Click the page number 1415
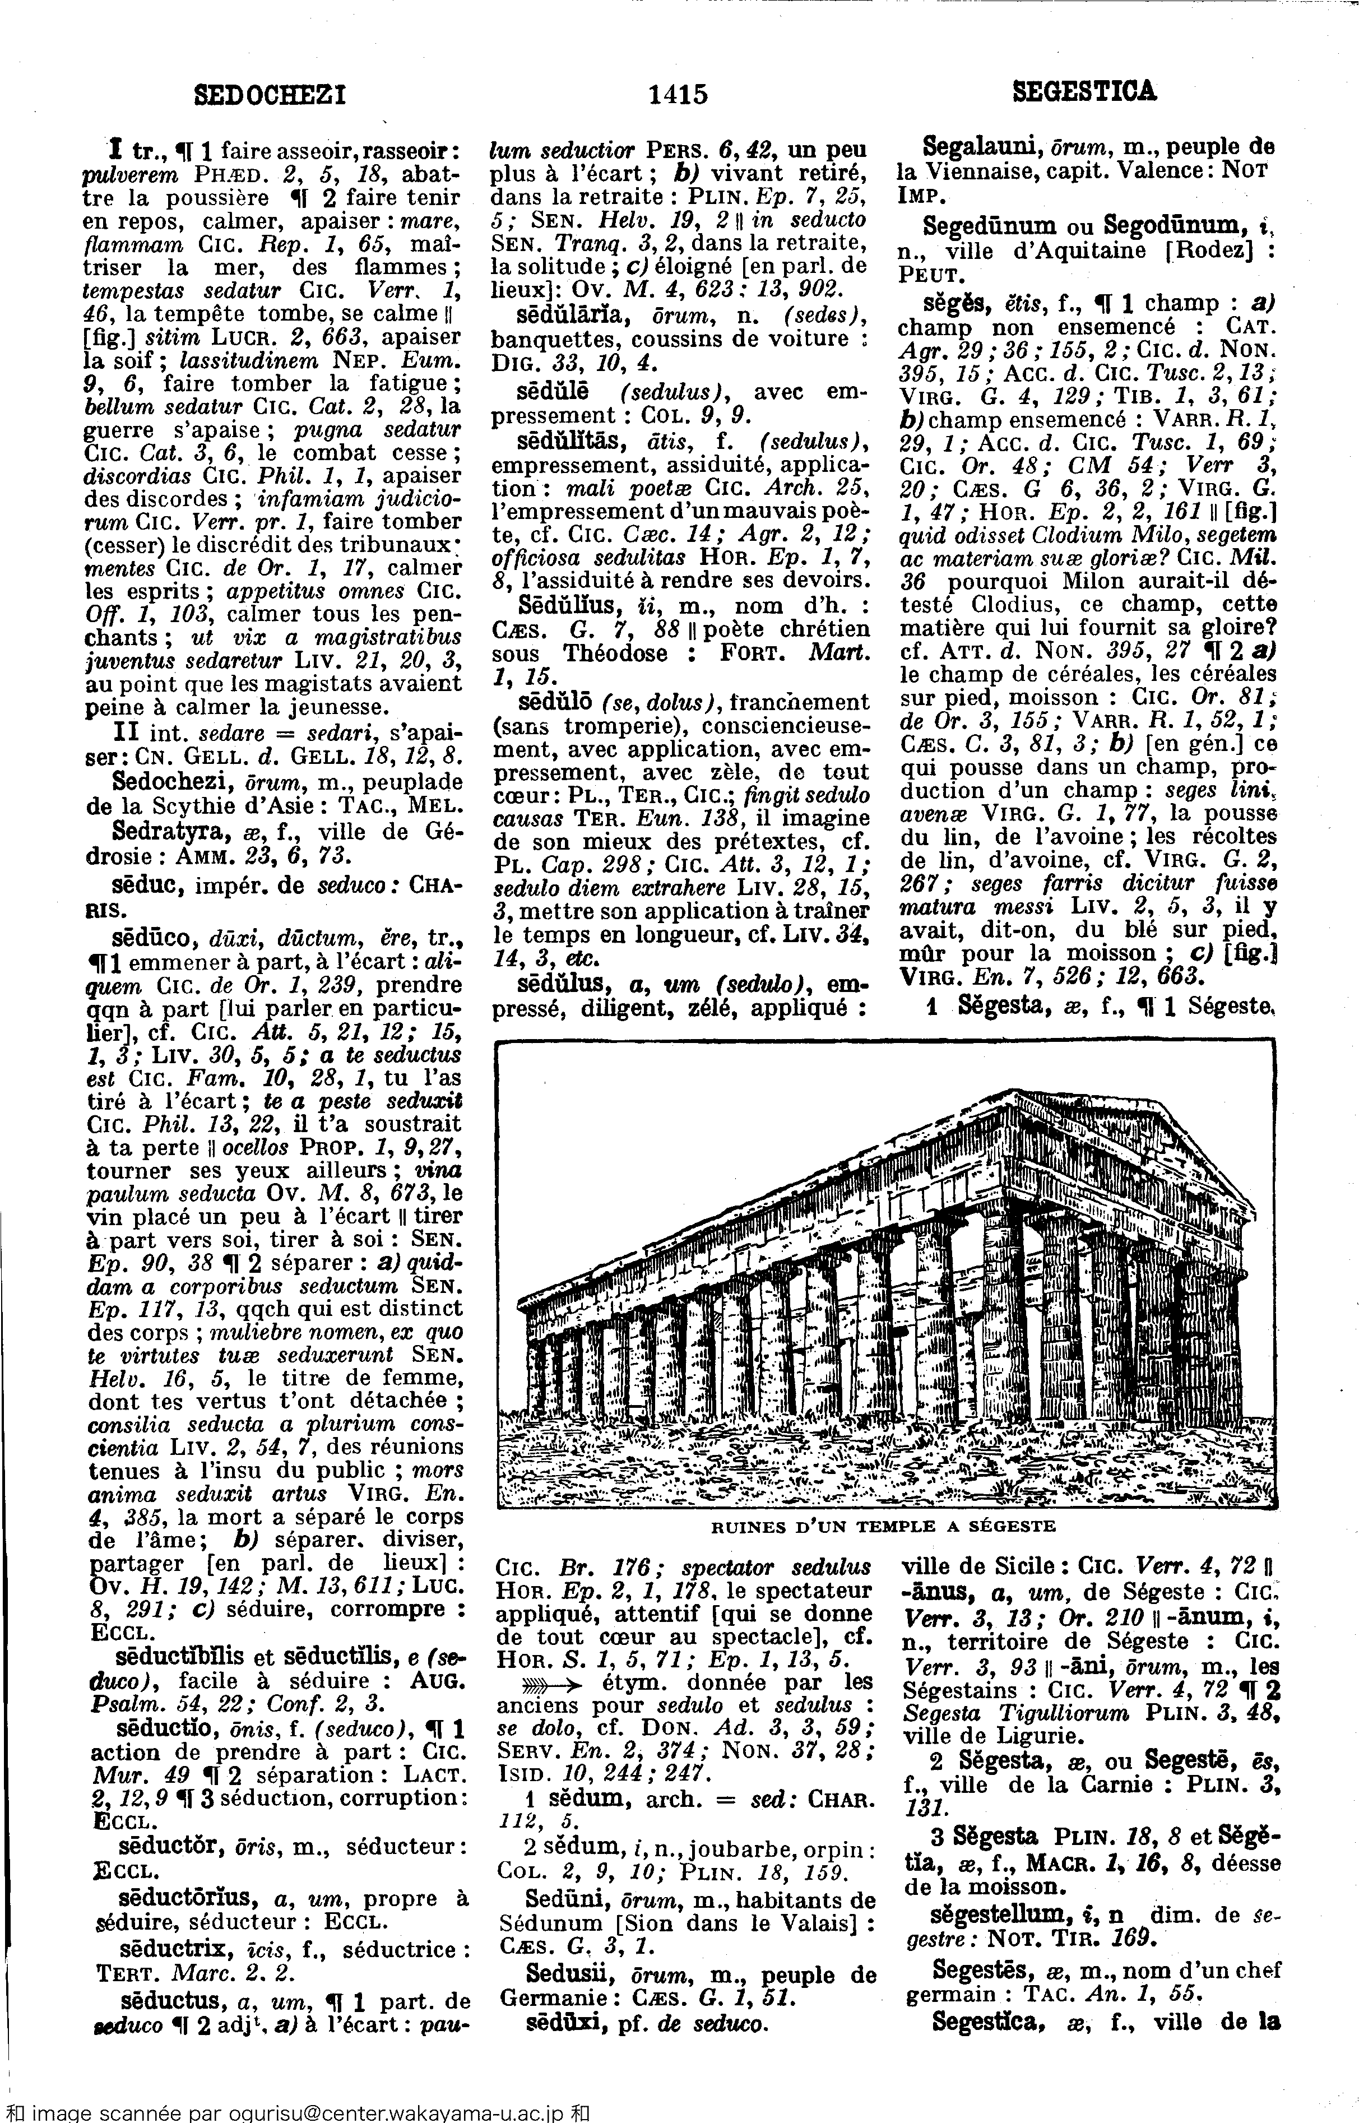(678, 94)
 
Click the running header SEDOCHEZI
(269, 92)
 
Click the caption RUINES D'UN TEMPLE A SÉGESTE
(883, 1526)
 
